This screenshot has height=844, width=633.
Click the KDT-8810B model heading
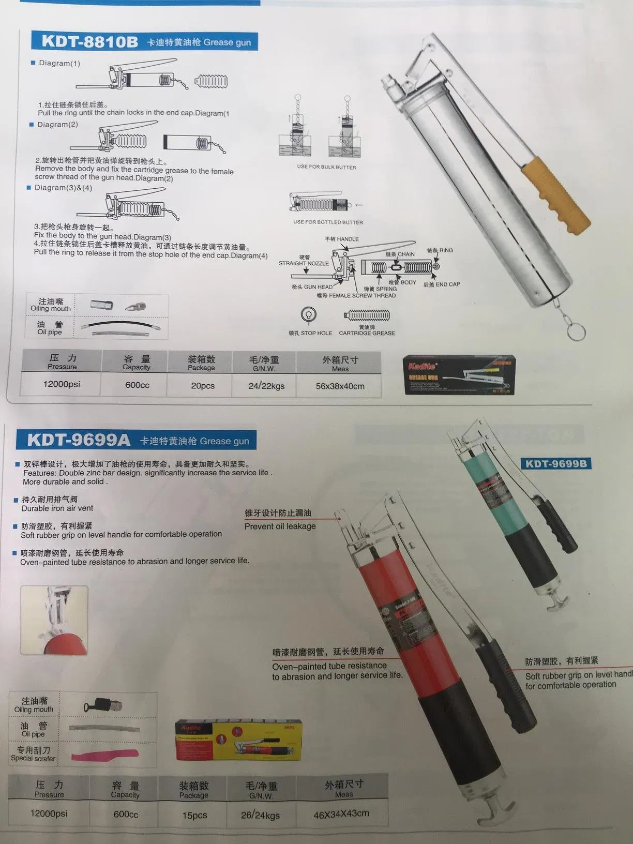(89, 41)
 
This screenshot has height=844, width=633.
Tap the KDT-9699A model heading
(79, 440)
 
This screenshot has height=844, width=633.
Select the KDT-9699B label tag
(556, 463)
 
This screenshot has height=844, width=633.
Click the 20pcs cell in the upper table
(202, 386)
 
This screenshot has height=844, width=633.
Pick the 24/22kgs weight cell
(266, 386)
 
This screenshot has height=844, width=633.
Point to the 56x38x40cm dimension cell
(340, 386)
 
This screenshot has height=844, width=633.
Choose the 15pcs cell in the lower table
(194, 815)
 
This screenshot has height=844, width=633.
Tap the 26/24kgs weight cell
(260, 815)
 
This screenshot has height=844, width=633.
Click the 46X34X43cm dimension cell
(341, 813)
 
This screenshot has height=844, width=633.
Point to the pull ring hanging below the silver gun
(576, 331)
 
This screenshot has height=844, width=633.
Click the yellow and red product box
(238, 741)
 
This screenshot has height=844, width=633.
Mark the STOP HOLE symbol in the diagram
(309, 314)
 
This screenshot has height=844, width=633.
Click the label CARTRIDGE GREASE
(367, 333)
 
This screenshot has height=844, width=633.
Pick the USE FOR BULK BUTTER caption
(326, 167)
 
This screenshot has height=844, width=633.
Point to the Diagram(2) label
(57, 125)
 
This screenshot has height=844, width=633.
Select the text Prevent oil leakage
(280, 526)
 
